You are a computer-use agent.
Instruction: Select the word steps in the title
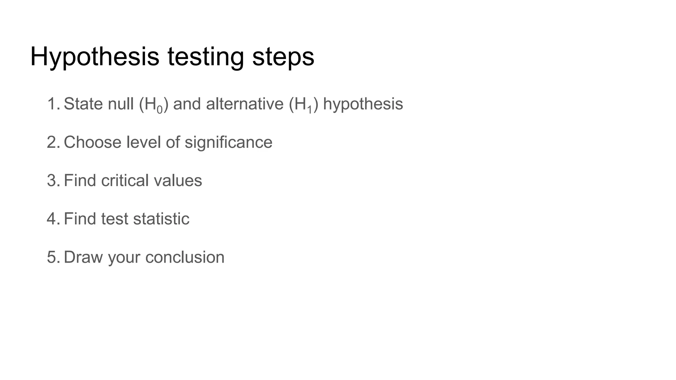pos(283,57)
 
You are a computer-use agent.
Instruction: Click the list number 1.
pos(52,104)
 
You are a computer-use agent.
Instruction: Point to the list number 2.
pos(52,142)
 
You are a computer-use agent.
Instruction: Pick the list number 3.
pos(52,180)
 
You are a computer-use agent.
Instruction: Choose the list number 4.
pos(52,219)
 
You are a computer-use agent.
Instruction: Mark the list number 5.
pos(52,257)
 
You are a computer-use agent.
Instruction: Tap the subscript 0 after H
pos(160,110)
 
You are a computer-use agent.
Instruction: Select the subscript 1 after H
pos(309,110)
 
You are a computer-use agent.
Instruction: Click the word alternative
pos(245,104)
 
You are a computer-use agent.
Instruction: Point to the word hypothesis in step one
pos(363,104)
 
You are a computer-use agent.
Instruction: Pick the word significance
pos(228,142)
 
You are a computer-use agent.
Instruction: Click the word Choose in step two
pos(92,142)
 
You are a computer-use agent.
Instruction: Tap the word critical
pos(125,180)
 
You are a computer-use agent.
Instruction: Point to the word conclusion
pos(185,257)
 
